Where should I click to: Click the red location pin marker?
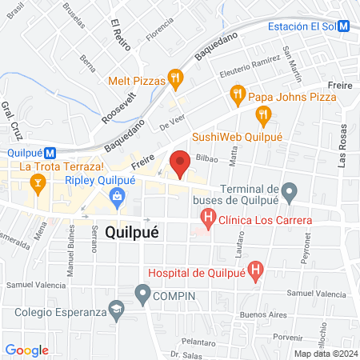tap(180, 163)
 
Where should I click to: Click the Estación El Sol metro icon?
tap(343, 25)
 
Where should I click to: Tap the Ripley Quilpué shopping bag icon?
tap(118, 196)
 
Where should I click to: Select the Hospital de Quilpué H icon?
tap(255, 271)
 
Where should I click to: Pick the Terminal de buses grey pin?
tap(290, 192)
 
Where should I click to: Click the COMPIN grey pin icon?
tap(143, 297)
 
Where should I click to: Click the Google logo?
tap(26, 350)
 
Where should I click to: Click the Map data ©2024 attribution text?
tap(324, 353)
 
